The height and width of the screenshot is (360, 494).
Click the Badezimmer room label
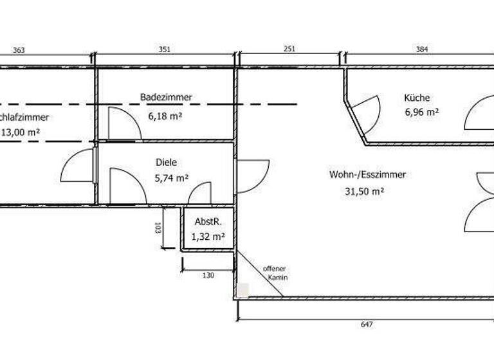(166, 97)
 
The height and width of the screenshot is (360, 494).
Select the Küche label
(417, 98)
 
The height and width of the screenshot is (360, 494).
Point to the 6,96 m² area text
(421, 112)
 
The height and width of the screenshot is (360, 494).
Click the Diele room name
(166, 163)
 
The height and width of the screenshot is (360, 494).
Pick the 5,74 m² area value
(172, 179)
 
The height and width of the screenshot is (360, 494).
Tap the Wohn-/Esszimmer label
(367, 174)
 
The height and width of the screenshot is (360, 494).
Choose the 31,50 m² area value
(365, 191)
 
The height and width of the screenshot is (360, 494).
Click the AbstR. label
(208, 222)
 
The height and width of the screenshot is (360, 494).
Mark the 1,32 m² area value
(208, 236)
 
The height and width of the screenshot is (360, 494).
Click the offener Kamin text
(275, 273)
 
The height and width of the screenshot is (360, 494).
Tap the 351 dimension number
(166, 49)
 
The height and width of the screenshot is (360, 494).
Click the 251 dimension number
(290, 49)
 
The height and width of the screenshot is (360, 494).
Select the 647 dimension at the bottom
(367, 325)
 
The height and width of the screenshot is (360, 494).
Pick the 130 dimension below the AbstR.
(207, 275)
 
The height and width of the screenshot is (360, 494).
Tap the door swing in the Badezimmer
(122, 123)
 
